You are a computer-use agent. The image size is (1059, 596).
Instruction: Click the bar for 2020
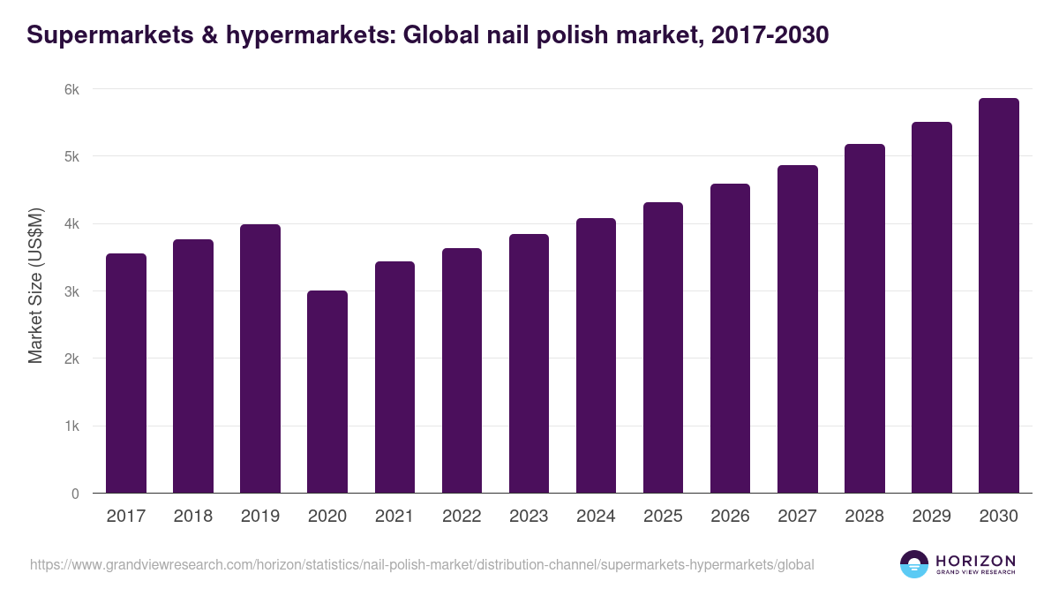click(x=327, y=392)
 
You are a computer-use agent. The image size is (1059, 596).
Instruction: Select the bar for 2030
click(x=999, y=296)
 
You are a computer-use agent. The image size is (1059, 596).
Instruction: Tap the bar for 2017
click(x=126, y=373)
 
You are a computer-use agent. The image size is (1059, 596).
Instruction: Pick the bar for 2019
click(x=260, y=358)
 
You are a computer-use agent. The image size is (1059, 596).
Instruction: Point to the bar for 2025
click(x=663, y=348)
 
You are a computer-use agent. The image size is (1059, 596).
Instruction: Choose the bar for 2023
click(x=529, y=364)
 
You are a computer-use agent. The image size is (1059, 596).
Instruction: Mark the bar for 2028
click(x=865, y=319)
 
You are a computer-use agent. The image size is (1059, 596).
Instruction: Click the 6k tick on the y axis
click(x=72, y=89)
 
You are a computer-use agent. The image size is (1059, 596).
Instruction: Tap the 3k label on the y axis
click(x=72, y=291)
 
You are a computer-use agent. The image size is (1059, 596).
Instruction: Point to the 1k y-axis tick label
click(x=72, y=426)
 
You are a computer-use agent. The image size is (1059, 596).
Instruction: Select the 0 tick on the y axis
click(x=75, y=494)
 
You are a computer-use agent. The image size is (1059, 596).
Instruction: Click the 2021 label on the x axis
click(x=394, y=517)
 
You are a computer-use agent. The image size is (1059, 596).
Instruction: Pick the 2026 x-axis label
click(x=730, y=517)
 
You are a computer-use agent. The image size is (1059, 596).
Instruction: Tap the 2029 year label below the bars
click(x=932, y=517)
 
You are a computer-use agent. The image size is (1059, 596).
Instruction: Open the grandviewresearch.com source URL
click(x=422, y=564)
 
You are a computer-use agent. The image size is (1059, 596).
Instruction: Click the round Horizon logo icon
click(x=914, y=564)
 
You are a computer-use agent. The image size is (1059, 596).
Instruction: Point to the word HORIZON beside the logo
click(x=976, y=561)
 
